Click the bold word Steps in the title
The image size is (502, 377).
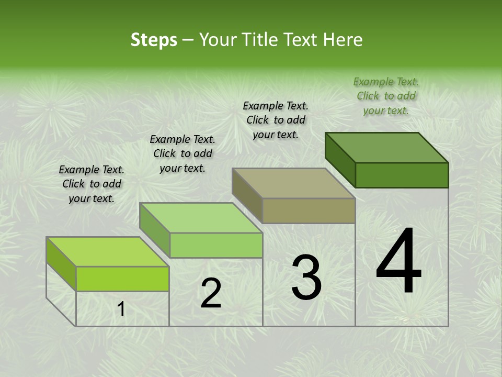(x=154, y=40)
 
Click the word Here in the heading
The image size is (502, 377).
(x=343, y=40)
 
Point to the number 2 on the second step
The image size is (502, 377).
(x=211, y=293)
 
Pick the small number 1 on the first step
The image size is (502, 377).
(x=121, y=309)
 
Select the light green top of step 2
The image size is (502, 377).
(x=201, y=218)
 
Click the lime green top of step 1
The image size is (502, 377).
(x=108, y=252)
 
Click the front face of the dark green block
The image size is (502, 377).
(x=402, y=175)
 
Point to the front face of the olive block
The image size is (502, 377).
(x=309, y=210)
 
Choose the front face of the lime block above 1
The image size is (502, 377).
(x=122, y=279)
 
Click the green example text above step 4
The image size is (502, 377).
(x=386, y=96)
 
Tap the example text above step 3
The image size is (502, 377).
(x=276, y=120)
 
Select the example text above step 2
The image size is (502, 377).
(x=182, y=153)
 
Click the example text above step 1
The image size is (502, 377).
(x=92, y=184)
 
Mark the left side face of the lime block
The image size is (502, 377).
(x=61, y=264)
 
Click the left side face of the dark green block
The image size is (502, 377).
(x=340, y=160)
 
